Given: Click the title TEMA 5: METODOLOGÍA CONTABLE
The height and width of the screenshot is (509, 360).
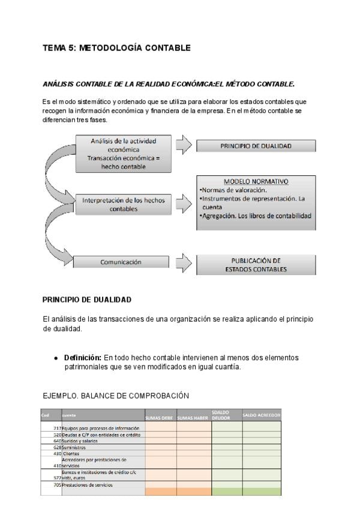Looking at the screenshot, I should [116, 48].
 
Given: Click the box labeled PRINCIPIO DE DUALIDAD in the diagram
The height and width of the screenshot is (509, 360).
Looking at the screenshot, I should [256, 146].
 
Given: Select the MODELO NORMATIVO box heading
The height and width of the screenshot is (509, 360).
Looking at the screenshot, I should [256, 181].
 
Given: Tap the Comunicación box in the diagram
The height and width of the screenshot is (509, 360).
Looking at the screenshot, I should [121, 262].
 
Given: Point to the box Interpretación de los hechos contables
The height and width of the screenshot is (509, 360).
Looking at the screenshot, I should [123, 204].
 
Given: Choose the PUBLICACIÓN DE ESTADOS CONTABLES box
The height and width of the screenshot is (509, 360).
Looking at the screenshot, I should [256, 265].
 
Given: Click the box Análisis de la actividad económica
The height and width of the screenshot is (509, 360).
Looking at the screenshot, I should [123, 154].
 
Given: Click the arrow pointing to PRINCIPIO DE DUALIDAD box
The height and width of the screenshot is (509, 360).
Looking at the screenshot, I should [184, 145].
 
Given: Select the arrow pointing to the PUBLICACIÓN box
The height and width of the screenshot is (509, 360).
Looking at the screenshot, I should [184, 262].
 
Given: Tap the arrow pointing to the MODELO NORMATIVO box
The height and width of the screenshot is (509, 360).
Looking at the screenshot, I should [184, 205].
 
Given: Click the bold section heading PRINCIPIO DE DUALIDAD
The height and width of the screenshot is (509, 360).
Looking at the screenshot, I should [87, 300].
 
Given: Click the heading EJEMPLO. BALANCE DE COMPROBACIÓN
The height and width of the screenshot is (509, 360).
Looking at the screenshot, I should [116, 396].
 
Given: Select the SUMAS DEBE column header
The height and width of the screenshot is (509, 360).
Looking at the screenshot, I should [160, 417].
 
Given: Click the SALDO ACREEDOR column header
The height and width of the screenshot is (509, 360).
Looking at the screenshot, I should [261, 415].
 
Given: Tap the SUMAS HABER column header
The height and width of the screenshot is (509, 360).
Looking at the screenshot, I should [194, 417].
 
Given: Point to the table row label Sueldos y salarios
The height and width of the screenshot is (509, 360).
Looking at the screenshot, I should [80, 441].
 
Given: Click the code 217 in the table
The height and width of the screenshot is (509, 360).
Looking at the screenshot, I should [57, 428].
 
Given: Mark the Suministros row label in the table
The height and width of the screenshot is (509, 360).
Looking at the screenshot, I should [74, 447].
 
